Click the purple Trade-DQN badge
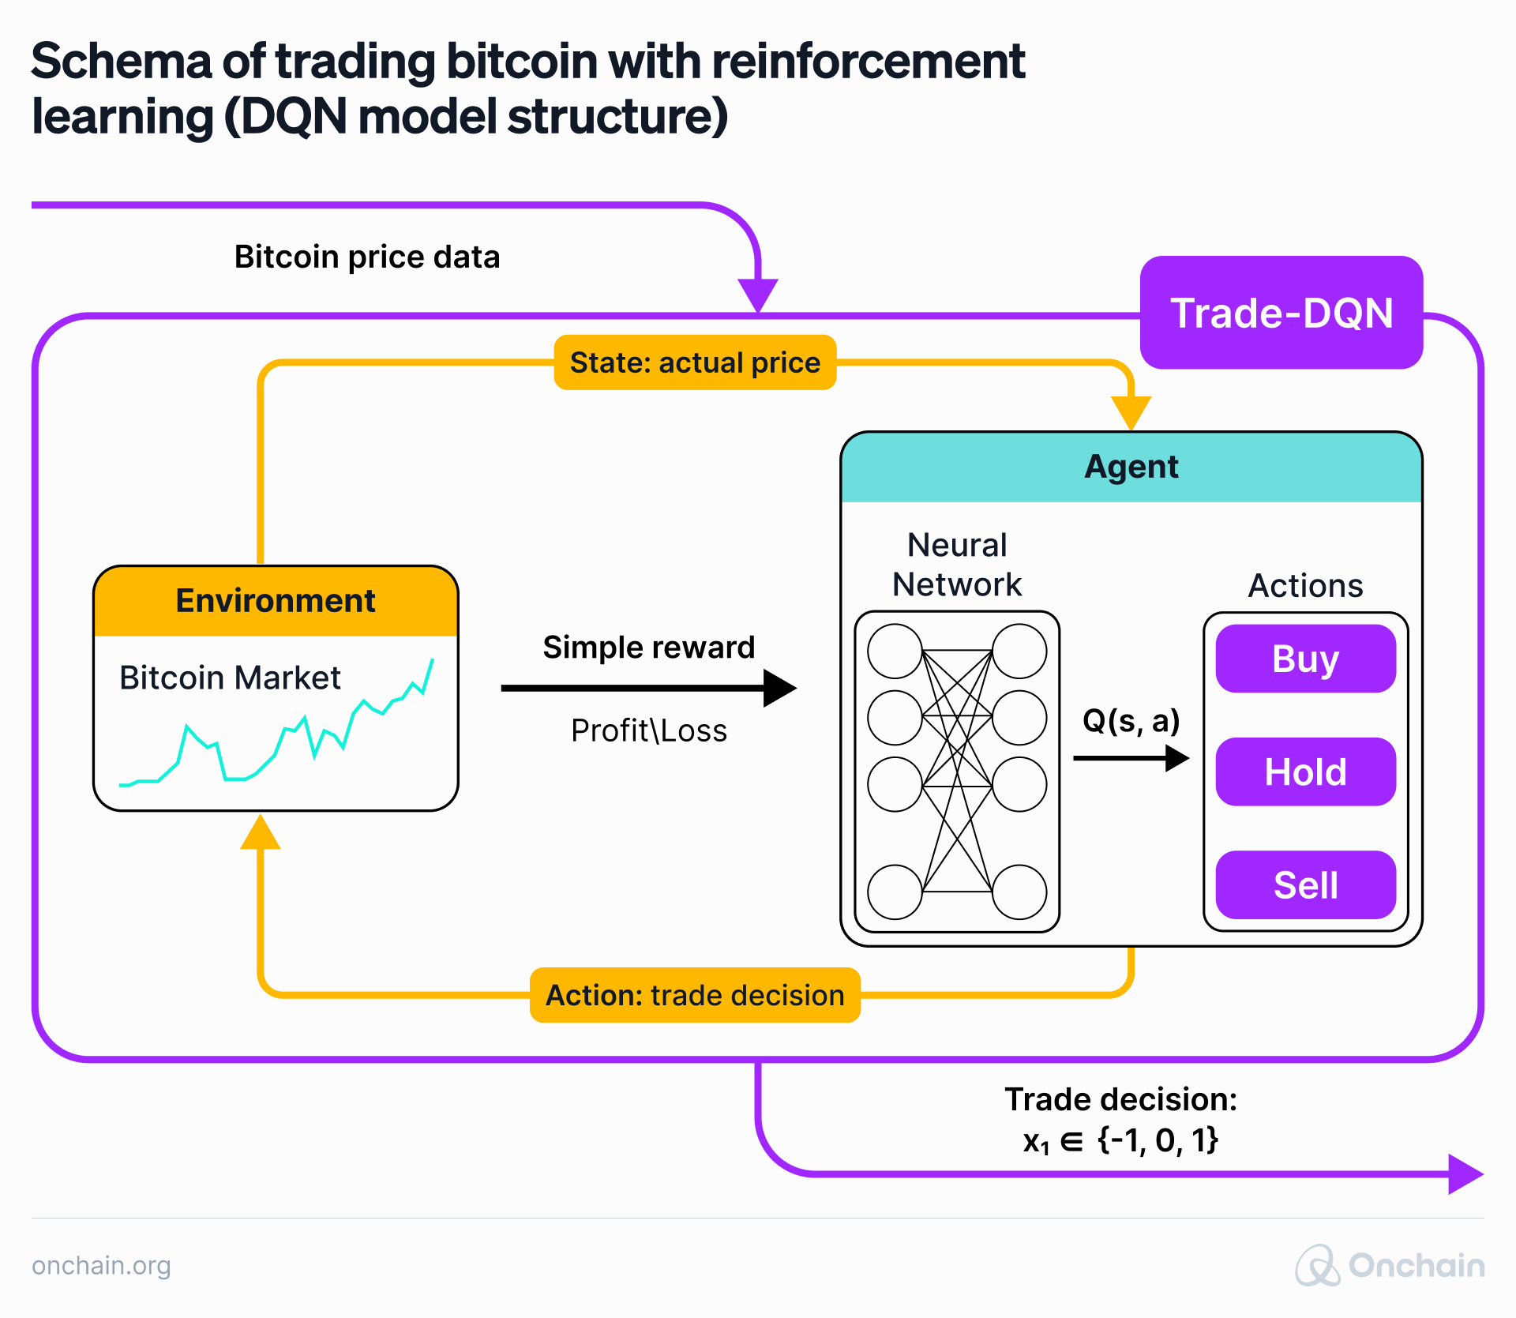click(1281, 313)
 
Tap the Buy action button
click(1305, 659)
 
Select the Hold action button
click(1305, 772)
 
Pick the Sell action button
click(1305, 884)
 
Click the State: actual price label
click(695, 362)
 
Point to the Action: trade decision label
click(695, 995)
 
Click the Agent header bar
click(1131, 467)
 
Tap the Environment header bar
click(276, 601)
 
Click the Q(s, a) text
click(1131, 720)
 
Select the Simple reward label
click(648, 648)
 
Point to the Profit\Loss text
click(648, 730)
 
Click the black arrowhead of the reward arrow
click(779, 688)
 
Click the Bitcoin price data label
click(367, 257)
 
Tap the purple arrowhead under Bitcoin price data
click(758, 294)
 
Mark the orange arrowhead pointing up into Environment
click(261, 833)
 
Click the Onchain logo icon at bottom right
click(1317, 1265)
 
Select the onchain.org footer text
click(101, 1265)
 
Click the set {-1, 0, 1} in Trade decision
click(1158, 1140)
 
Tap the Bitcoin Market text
click(230, 678)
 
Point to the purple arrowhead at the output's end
click(1465, 1174)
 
